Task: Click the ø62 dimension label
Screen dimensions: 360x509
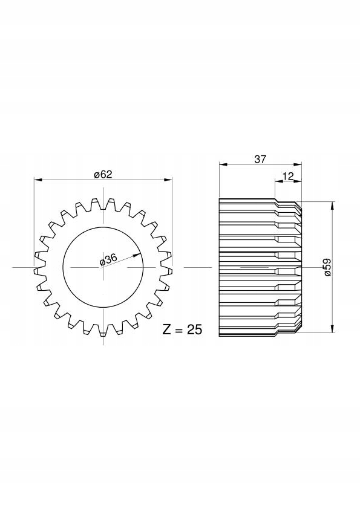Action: pyautogui.click(x=103, y=175)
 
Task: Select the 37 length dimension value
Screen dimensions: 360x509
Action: pyautogui.click(x=260, y=159)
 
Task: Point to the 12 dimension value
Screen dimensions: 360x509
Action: pyautogui.click(x=288, y=176)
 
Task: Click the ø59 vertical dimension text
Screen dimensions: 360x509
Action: pyautogui.click(x=327, y=267)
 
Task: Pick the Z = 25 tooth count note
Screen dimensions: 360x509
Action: pyautogui.click(x=182, y=330)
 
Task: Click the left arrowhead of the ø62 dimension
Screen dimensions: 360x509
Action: pyautogui.click(x=38, y=180)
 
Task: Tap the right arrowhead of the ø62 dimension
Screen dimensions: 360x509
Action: pyautogui.click(x=168, y=180)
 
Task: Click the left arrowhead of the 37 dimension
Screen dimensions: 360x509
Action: pyautogui.click(x=223, y=164)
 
